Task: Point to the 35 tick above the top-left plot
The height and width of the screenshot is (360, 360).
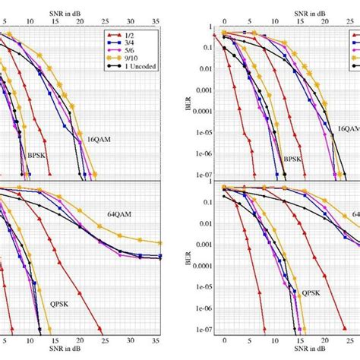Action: [x=156, y=13]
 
